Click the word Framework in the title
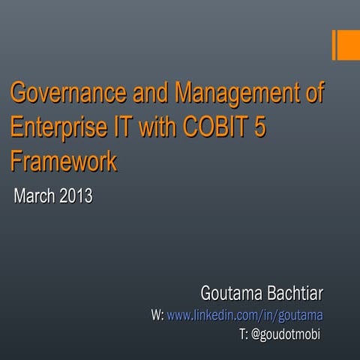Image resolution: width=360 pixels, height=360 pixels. point(64,160)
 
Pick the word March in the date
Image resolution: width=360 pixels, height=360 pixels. point(34,196)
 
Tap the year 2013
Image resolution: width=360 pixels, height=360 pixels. point(76,196)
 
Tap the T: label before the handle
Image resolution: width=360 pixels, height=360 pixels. point(243,334)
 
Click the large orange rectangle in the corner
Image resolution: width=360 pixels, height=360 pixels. point(349,45)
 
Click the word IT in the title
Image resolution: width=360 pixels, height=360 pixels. point(123,128)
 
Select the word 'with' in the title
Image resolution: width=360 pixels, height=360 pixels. point(155,128)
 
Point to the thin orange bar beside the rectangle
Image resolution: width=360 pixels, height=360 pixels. point(334,45)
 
